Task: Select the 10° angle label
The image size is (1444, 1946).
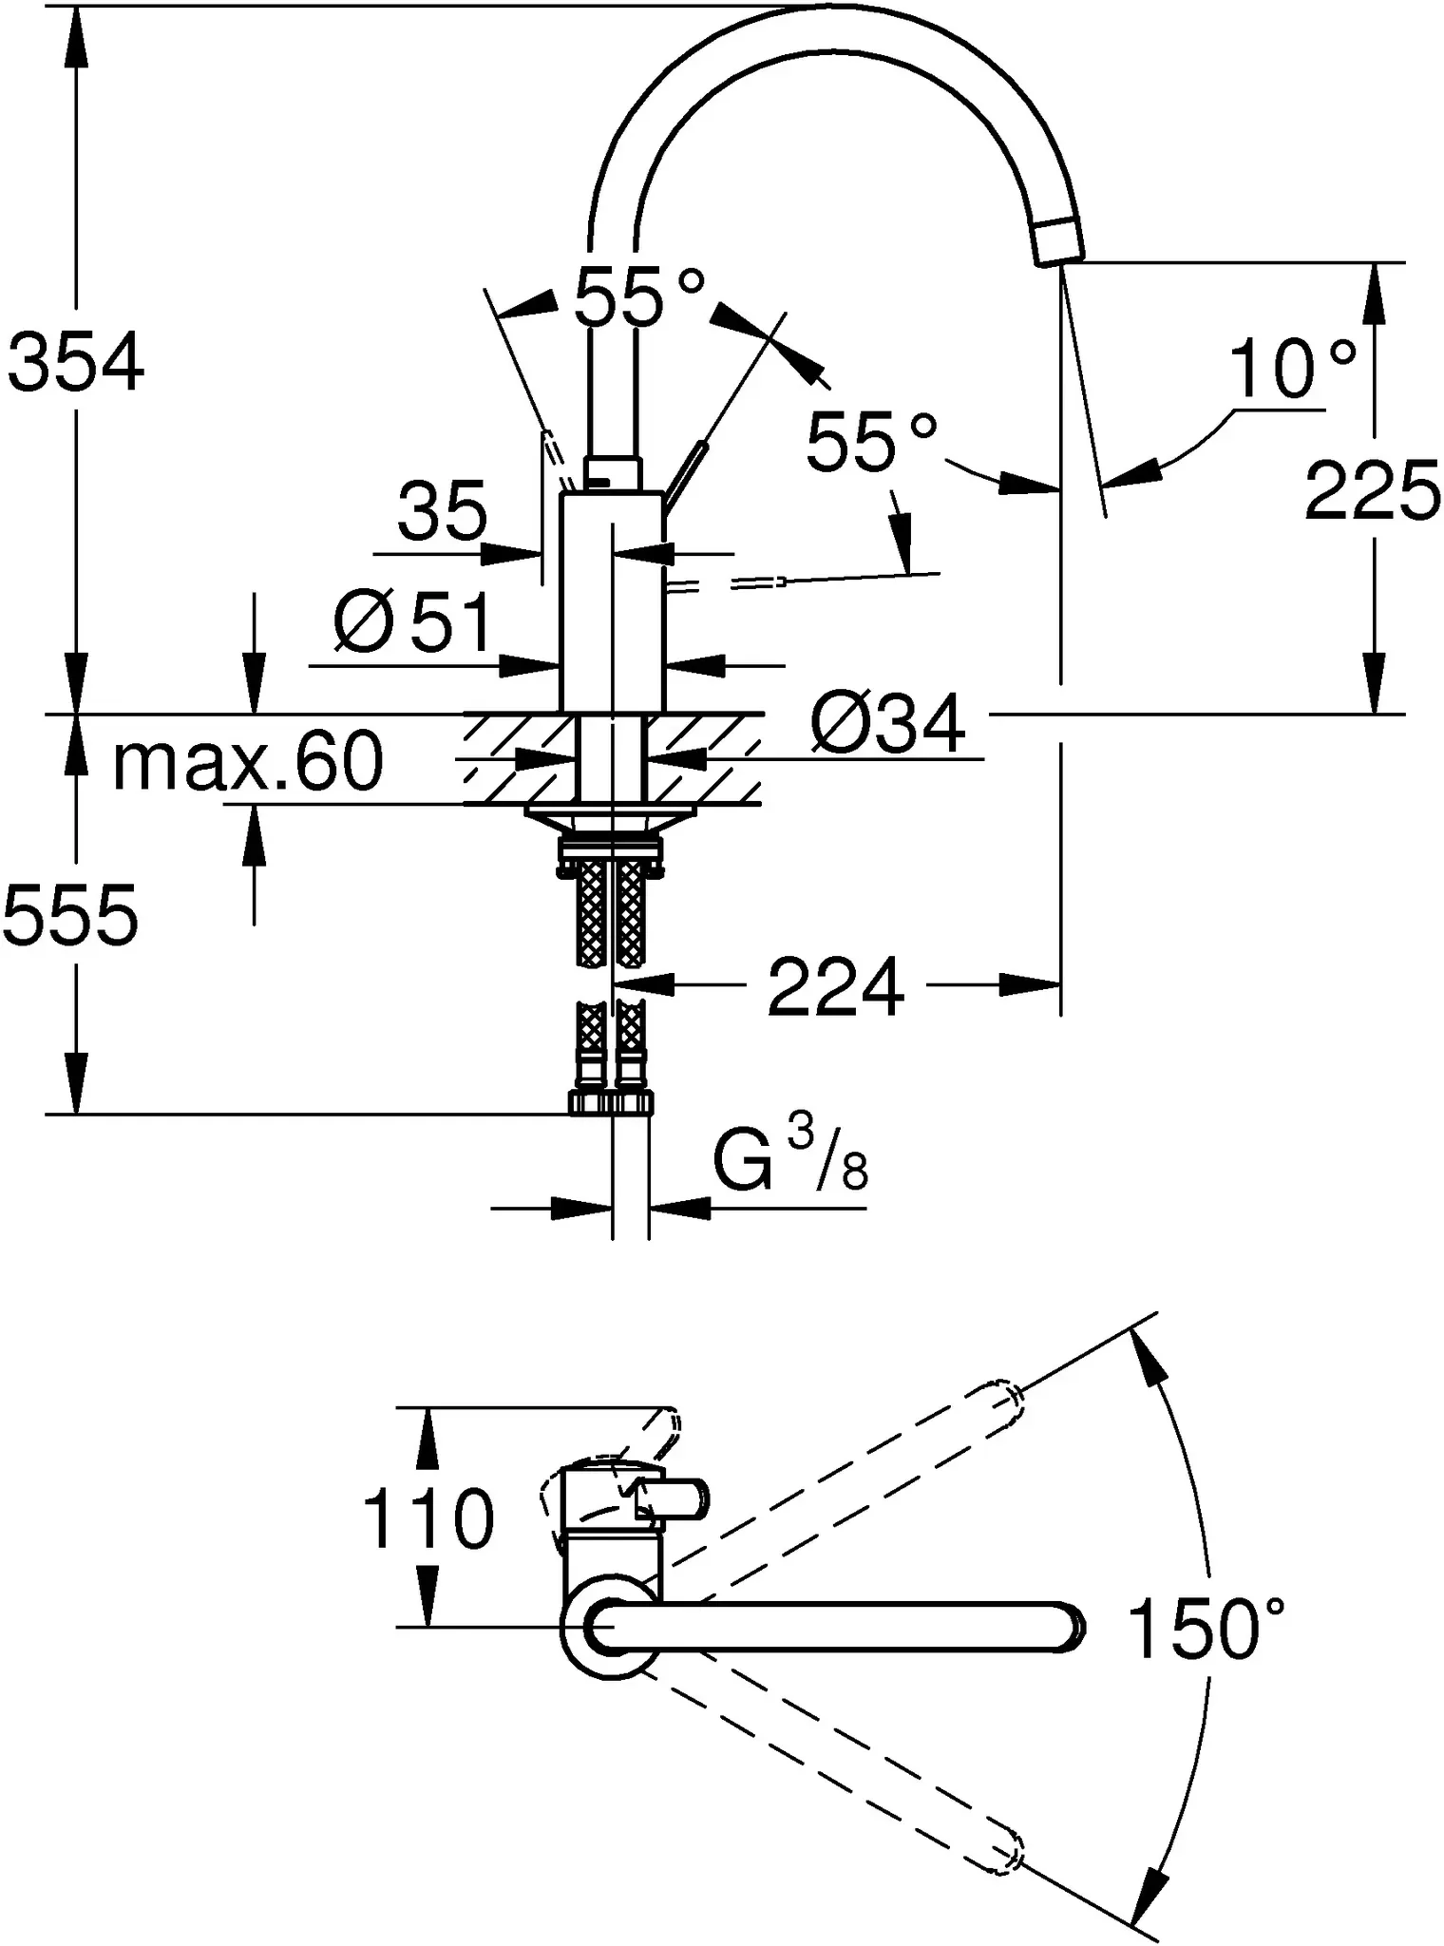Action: [x=1293, y=370]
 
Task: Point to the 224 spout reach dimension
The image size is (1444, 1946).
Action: [x=836, y=987]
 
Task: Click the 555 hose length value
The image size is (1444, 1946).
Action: [x=71, y=914]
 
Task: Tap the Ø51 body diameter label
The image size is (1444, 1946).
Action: [x=413, y=621]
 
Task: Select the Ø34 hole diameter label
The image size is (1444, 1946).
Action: [x=888, y=724]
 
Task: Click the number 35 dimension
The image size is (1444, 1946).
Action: [x=442, y=510]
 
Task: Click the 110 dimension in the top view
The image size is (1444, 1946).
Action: [x=428, y=1519]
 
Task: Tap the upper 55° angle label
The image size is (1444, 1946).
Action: [x=639, y=296]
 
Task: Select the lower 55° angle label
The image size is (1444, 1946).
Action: [x=872, y=442]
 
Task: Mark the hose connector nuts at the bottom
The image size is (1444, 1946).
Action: [x=612, y=1102]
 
